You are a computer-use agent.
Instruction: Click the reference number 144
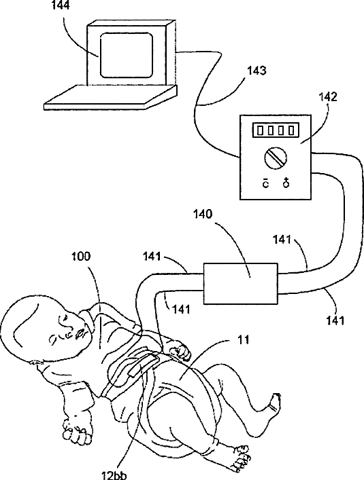(61, 5)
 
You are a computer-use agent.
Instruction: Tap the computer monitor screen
(127, 55)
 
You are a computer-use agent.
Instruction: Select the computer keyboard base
(110, 97)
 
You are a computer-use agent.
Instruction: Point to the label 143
(257, 71)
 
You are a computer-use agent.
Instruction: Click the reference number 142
(328, 97)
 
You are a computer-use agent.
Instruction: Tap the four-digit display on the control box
(276, 130)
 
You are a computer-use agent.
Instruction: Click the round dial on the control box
(276, 157)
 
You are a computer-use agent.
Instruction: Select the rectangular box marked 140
(241, 284)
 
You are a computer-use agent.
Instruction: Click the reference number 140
(202, 215)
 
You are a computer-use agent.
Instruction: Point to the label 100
(81, 256)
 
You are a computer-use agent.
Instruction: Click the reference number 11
(244, 339)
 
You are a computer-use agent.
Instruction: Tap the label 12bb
(114, 475)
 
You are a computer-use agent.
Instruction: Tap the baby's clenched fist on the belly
(180, 352)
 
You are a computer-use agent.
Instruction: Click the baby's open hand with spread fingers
(77, 428)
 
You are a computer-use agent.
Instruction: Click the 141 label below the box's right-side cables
(335, 320)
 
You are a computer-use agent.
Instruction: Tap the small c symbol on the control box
(265, 184)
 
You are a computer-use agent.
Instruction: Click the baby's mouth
(80, 333)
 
